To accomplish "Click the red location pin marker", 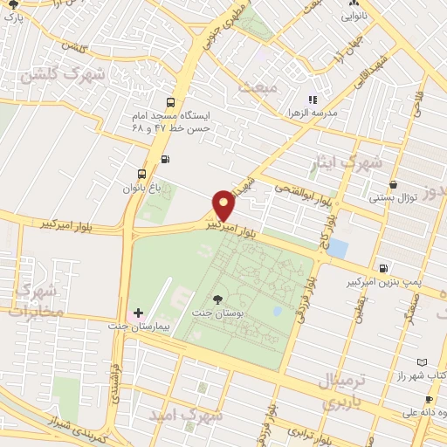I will tap(224, 204).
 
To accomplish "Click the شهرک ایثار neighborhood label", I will tap(347, 162).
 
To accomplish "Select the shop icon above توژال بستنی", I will tap(395, 185).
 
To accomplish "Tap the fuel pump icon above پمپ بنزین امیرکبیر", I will tap(383, 267).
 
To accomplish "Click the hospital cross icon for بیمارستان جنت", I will tap(138, 313).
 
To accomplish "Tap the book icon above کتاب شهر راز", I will tap(423, 361).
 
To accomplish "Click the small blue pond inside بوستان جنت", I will tap(277, 310).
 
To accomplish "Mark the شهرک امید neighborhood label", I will tap(187, 416).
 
